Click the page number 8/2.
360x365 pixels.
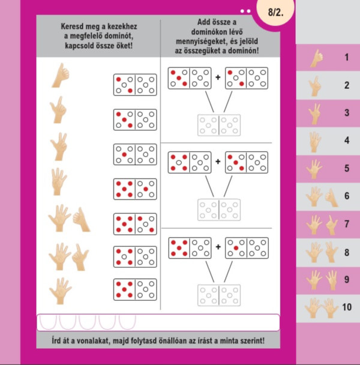pyautogui.click(x=275, y=12)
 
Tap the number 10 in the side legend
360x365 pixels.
pyautogui.click(x=347, y=307)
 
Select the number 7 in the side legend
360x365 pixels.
pyautogui.click(x=347, y=224)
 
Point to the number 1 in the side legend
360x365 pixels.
pyautogui.click(x=347, y=57)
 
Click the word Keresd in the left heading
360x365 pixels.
pyautogui.click(x=71, y=26)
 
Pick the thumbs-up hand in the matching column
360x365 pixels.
pyautogui.click(x=60, y=75)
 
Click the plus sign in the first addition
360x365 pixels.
pyautogui.click(x=218, y=77)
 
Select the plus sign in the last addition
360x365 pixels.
pyautogui.click(x=218, y=247)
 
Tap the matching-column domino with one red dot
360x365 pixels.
pyautogui.click(x=135, y=154)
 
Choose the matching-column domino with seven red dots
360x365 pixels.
pyautogui.click(x=135, y=224)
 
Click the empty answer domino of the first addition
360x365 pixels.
pyautogui.click(x=219, y=125)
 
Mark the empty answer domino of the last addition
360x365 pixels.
pyautogui.click(x=219, y=295)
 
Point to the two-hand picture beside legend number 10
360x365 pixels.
pyautogui.click(x=321, y=308)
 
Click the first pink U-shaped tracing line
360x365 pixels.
pyautogui.click(x=48, y=322)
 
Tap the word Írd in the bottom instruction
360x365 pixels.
pyautogui.click(x=56, y=341)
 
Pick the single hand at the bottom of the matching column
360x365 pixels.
pyautogui.click(x=60, y=291)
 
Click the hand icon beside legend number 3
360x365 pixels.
pyautogui.click(x=314, y=114)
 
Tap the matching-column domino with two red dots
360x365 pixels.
pyautogui.click(x=135, y=85)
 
